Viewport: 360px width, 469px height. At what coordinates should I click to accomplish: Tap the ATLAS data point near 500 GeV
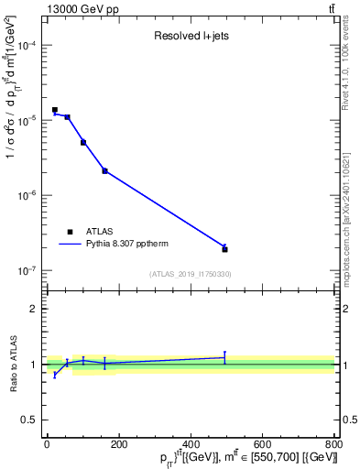pyautogui.click(x=224, y=249)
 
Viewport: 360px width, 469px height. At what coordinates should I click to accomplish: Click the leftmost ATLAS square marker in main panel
pyautogui.click(x=55, y=110)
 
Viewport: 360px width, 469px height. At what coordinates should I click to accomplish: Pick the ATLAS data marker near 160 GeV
pyautogui.click(x=104, y=170)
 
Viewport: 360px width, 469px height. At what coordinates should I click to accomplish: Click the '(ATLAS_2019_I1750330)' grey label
pyautogui.click(x=191, y=274)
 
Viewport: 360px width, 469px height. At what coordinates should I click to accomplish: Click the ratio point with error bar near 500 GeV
pyautogui.click(x=224, y=357)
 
